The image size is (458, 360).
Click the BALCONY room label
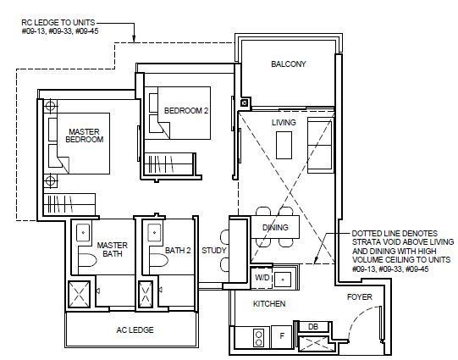289,64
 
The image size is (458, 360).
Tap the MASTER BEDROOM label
85,136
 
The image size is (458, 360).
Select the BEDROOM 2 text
186,111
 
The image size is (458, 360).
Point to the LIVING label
284,123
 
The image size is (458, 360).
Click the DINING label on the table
275,227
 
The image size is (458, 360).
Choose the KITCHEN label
269,304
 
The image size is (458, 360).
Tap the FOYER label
359,297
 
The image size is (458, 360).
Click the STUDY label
214,251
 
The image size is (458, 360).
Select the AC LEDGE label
135,330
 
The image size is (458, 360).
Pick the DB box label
313,327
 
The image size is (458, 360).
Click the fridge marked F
282,336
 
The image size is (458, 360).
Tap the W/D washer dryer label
262,278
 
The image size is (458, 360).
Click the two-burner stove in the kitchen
259,338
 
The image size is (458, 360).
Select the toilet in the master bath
87,260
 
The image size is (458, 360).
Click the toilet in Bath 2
158,260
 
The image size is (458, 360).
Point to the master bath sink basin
83,233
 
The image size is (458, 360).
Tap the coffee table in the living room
284,145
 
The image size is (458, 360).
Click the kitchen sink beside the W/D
283,280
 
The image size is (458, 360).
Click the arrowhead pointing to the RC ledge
134,39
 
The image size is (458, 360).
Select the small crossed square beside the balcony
244,102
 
